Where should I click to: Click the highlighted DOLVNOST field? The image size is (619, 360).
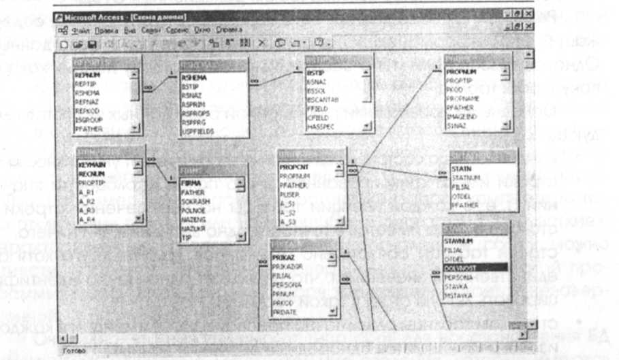point(460,268)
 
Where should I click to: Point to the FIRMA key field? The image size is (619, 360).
point(191,184)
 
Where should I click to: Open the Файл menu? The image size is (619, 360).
point(80,30)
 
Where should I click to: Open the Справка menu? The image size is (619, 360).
point(229,30)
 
